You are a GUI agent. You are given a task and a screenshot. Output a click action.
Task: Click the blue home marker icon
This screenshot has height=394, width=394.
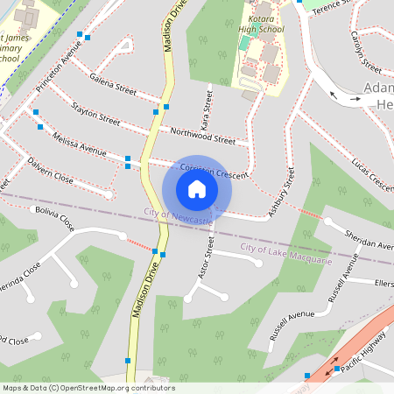point(197,189)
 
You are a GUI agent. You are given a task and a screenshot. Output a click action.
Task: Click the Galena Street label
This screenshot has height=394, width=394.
point(113,85)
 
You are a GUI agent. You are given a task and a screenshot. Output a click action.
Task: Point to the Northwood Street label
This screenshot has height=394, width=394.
point(203,134)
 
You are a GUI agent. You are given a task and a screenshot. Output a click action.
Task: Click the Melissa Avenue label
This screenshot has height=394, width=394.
point(79,144)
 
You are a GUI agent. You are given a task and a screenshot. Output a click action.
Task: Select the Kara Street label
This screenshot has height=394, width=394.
point(208,104)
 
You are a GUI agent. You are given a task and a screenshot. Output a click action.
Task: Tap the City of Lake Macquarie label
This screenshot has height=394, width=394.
point(285,255)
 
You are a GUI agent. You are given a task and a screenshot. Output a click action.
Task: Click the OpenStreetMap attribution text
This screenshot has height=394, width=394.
point(88,388)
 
